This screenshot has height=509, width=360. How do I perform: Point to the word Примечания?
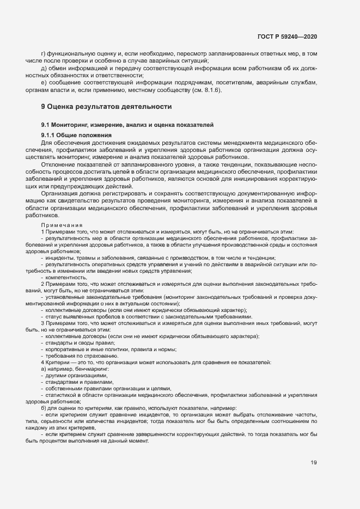pyautogui.click(x=62, y=224)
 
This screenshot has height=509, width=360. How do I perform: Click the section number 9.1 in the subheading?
pyautogui.click(x=46, y=125)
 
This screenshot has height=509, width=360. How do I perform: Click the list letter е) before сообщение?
pyautogui.click(x=43, y=83)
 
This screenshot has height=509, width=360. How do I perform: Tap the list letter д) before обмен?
pyautogui.click(x=43, y=69)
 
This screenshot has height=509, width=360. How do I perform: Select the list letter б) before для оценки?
pyautogui.click(x=43, y=408)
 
